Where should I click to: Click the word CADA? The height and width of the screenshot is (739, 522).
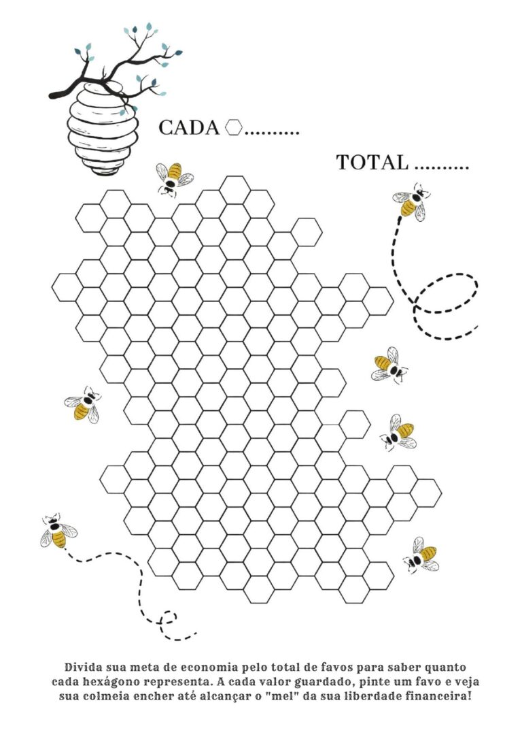[189, 128]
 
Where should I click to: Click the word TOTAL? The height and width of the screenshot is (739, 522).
[372, 163]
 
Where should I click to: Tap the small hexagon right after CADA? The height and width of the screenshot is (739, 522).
[234, 127]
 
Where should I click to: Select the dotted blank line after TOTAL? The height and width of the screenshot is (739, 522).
[443, 168]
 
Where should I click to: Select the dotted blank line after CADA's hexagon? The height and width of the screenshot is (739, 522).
[272, 133]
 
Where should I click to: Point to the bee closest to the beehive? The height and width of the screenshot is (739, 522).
[174, 180]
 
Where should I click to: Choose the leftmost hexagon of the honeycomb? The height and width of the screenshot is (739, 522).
[67, 287]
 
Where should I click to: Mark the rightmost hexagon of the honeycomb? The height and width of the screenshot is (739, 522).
[426, 493]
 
